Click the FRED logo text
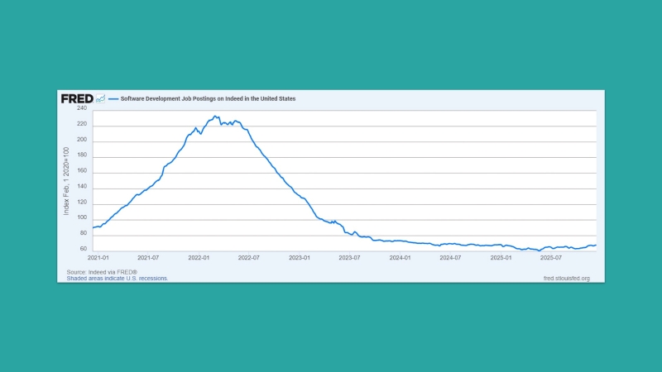(77, 98)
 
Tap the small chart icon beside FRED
(100, 98)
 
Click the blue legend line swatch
(113, 98)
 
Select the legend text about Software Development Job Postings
(208, 98)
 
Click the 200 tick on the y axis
(82, 140)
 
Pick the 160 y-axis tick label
(82, 171)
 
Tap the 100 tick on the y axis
(82, 217)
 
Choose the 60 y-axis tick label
(84, 249)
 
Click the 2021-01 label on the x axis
(98, 258)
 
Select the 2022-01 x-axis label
(199, 258)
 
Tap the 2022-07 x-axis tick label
(249, 258)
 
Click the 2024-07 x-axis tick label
(450, 258)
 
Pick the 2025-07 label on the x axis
(550, 258)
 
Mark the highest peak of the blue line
(215, 117)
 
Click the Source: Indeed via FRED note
(102, 272)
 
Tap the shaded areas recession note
(118, 279)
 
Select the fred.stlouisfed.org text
(566, 279)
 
